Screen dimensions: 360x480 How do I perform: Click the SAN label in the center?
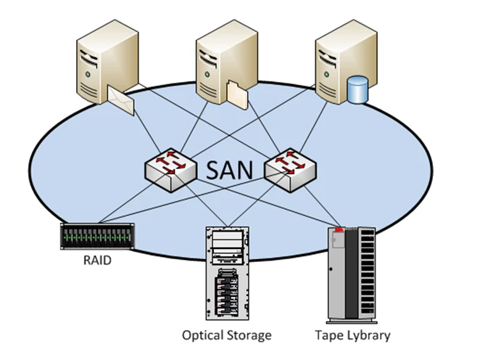231,169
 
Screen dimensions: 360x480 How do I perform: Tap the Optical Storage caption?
226,335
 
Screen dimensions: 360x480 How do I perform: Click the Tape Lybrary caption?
353,335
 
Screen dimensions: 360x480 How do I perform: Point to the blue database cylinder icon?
357,91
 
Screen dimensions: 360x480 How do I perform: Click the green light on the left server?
88,75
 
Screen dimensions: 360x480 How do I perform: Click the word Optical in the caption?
204,335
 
